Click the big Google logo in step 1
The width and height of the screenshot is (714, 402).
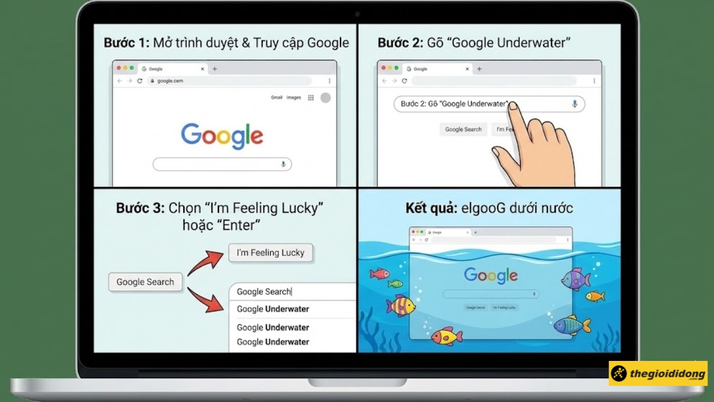click(222, 136)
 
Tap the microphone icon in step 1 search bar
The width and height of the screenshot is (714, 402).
click(283, 164)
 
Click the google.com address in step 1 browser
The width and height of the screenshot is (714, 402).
click(170, 80)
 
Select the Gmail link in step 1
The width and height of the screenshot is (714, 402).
click(277, 98)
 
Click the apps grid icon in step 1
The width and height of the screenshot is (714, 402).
click(311, 98)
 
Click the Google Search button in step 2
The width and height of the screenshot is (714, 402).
click(464, 129)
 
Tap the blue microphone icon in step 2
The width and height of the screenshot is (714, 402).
click(574, 104)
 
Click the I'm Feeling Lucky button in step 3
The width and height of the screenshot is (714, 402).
click(270, 253)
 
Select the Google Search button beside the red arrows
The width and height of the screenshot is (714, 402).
click(145, 282)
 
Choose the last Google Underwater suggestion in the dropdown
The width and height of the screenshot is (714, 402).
click(273, 342)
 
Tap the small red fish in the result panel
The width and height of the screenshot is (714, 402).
click(379, 273)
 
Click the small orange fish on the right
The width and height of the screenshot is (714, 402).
click(594, 296)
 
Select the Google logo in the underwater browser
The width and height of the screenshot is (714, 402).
click(491, 275)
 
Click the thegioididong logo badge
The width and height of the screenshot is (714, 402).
click(657, 374)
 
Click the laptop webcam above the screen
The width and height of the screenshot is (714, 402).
click(357, 13)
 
